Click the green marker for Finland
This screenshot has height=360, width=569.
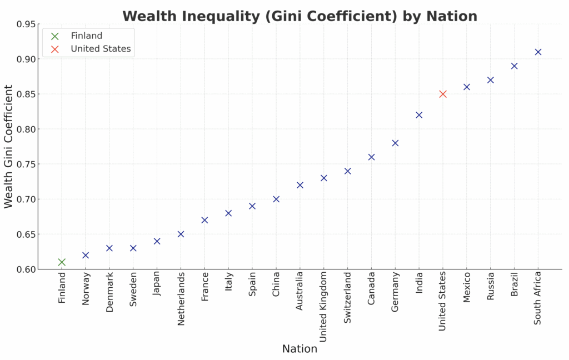click(62, 262)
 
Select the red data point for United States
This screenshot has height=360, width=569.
click(443, 94)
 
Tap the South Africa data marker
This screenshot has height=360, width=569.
click(538, 52)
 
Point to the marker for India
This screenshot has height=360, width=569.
click(419, 115)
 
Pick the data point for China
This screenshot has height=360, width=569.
click(276, 199)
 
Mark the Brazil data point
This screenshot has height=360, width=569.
click(514, 66)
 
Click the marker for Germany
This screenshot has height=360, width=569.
click(395, 143)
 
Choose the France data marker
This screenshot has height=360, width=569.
click(204, 220)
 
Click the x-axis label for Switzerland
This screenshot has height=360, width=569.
click(348, 298)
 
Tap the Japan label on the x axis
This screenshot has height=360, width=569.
click(157, 284)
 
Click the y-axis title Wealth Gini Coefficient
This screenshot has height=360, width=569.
click(8, 147)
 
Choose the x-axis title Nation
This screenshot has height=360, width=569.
click(300, 349)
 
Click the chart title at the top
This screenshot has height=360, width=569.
click(300, 16)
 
